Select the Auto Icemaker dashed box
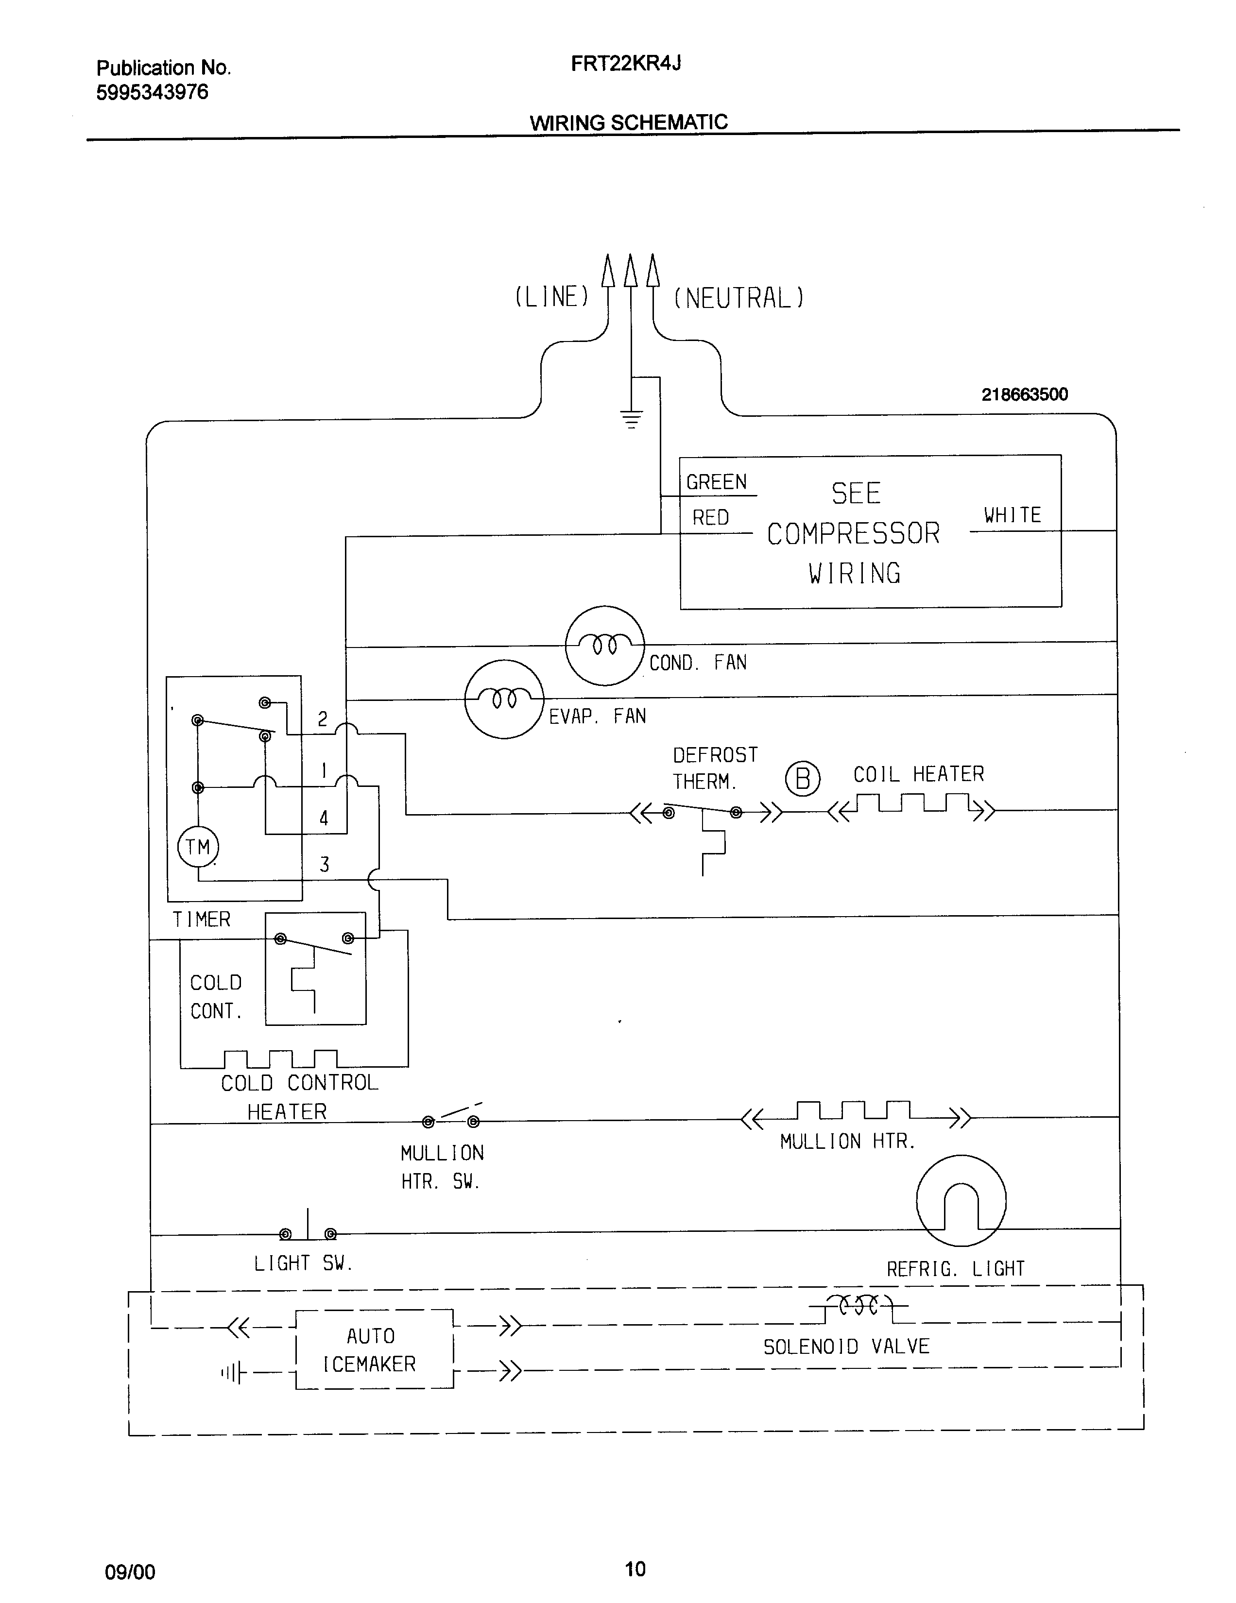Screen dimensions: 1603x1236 tap(374, 1349)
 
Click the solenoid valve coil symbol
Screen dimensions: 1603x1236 tap(857, 1306)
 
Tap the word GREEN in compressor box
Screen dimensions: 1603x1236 tap(716, 482)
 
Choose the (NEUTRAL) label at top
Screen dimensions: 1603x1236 tap(738, 298)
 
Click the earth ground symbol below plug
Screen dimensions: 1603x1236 tap(631, 420)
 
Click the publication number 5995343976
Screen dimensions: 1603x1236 tap(152, 92)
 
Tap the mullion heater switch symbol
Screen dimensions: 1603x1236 tap(451, 1119)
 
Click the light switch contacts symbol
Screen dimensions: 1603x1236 tap(308, 1232)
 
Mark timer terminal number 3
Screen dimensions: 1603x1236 tap(324, 865)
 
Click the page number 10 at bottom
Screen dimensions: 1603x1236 tap(635, 1569)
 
